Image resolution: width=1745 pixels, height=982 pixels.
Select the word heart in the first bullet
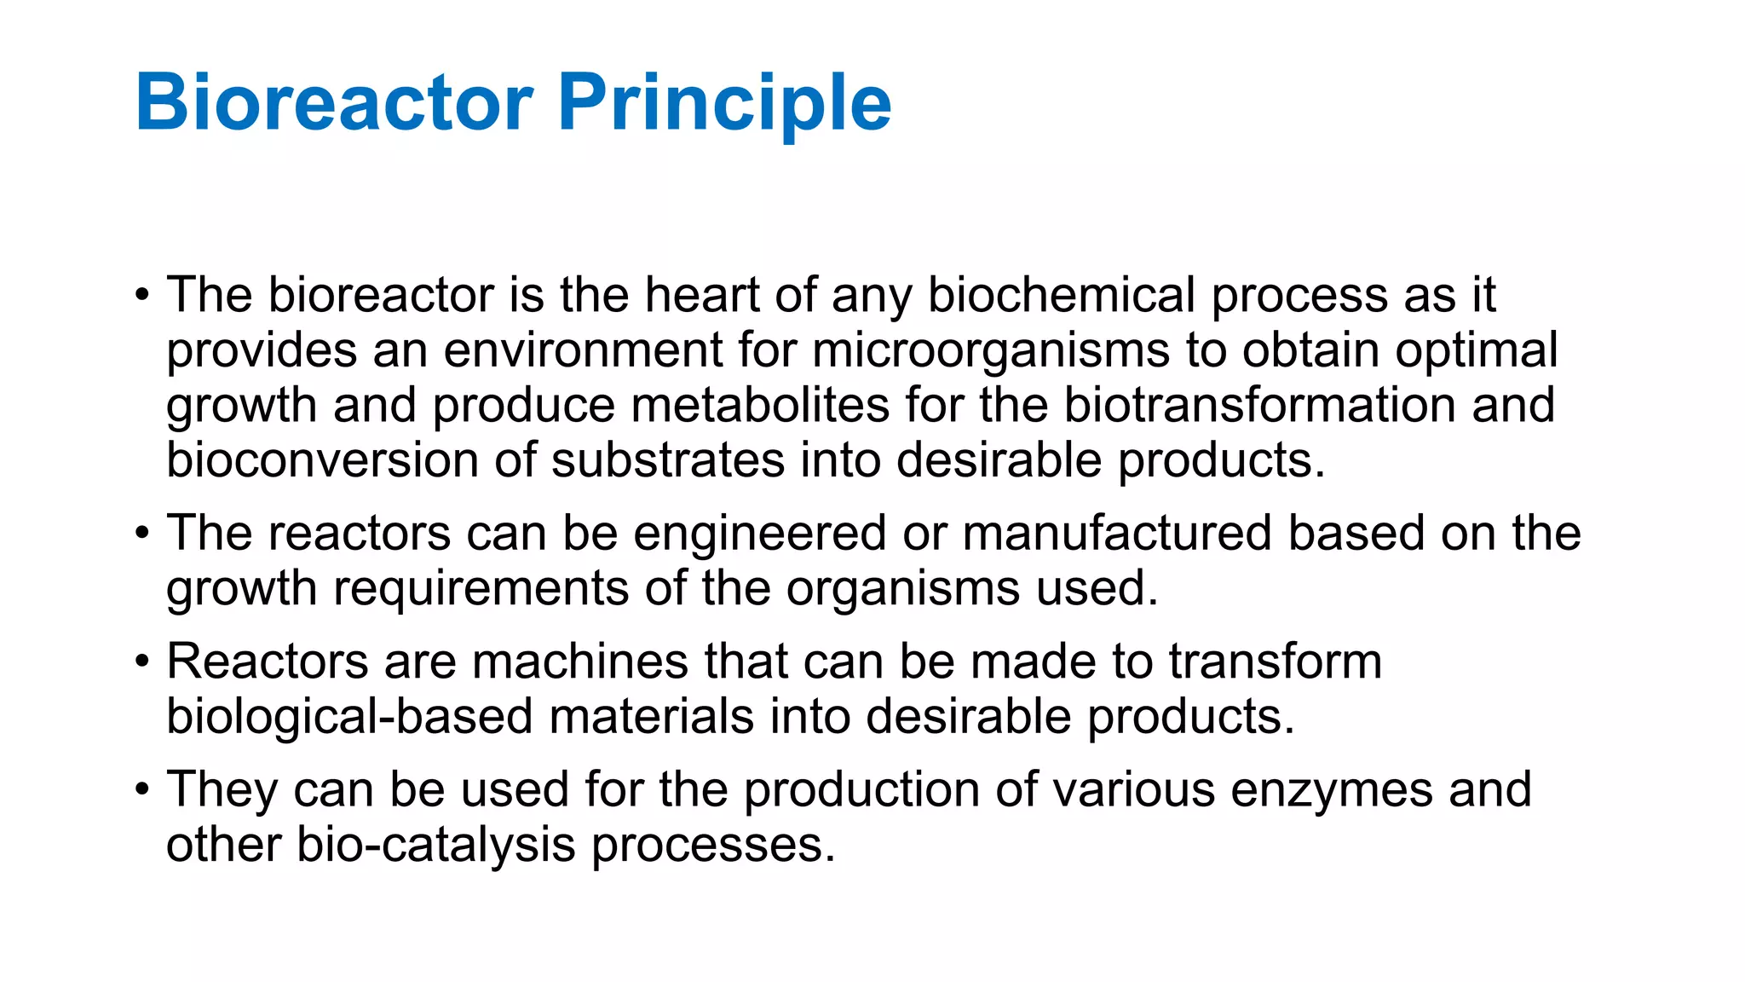point(701,295)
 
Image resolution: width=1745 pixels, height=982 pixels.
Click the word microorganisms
point(991,351)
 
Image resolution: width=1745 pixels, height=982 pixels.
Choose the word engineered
point(760,534)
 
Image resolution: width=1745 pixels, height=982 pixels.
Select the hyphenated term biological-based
point(349,717)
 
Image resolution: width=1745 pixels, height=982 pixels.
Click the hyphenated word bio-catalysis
point(435,846)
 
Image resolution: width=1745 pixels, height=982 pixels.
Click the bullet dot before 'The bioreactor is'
point(142,297)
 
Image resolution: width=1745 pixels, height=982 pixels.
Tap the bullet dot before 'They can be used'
point(142,790)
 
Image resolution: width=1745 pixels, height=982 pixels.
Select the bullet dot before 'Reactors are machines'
point(142,662)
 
